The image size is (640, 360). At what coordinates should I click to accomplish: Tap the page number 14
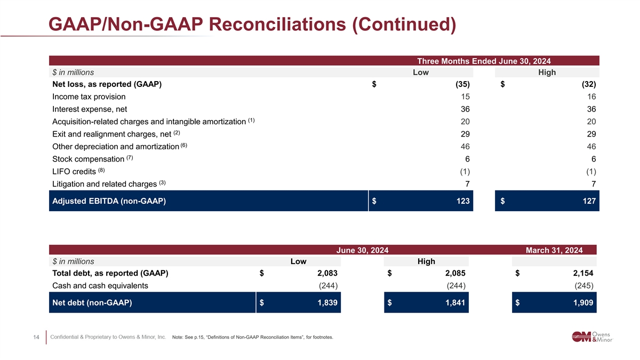click(36, 337)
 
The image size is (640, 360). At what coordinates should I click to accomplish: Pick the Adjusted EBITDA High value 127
click(588, 201)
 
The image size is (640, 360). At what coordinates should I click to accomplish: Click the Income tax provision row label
click(89, 97)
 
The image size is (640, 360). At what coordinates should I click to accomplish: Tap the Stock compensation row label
click(89, 159)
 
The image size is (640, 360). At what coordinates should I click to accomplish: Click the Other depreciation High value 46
click(590, 146)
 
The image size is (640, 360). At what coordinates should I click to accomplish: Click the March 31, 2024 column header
click(554, 250)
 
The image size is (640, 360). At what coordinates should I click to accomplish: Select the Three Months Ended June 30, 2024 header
click(484, 61)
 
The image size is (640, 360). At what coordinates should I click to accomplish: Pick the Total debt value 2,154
click(580, 274)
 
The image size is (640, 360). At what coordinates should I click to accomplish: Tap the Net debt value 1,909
click(580, 303)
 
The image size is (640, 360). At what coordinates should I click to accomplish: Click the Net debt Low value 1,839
click(324, 303)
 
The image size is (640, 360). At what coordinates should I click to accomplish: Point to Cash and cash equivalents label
click(100, 285)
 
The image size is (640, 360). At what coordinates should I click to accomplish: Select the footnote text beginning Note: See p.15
click(253, 337)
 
